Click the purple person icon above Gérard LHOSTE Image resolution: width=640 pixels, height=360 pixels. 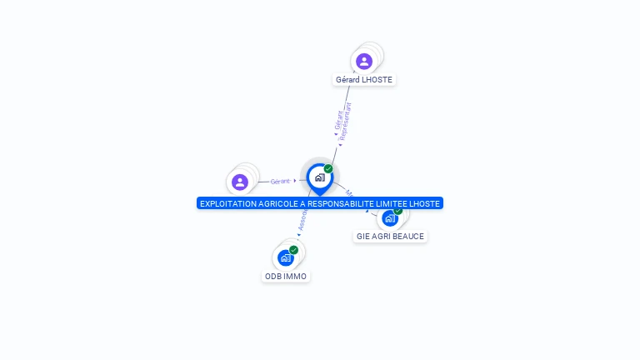pyautogui.click(x=364, y=61)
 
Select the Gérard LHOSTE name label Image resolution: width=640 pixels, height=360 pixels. pyautogui.click(x=364, y=80)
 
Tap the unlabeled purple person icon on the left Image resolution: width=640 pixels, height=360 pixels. pyautogui.click(x=240, y=182)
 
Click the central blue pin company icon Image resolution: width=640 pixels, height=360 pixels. pyautogui.click(x=319, y=177)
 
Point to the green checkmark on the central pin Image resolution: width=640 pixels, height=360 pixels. pyautogui.click(x=328, y=168)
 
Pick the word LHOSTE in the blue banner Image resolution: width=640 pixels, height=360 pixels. pyautogui.click(x=426, y=203)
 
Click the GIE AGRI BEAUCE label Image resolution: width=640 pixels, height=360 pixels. pyautogui.click(x=390, y=237)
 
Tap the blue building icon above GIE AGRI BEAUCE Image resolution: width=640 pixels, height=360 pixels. pyautogui.click(x=389, y=218)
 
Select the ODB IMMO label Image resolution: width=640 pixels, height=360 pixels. pyautogui.click(x=286, y=277)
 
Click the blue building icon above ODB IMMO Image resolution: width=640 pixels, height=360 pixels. pyautogui.click(x=286, y=258)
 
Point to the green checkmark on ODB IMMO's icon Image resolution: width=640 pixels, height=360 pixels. pyautogui.click(x=294, y=250)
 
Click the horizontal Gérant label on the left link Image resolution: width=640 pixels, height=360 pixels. pyautogui.click(x=281, y=181)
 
